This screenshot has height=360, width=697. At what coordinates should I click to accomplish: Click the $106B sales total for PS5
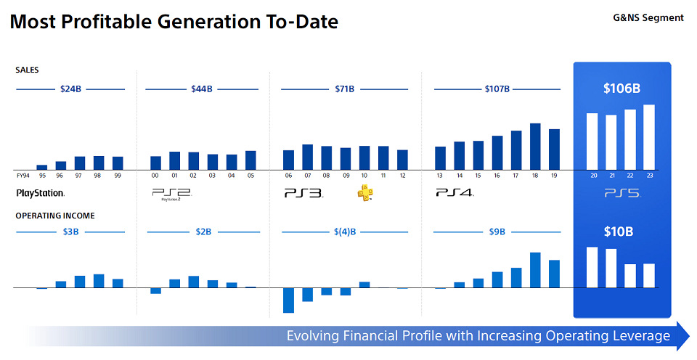click(621, 89)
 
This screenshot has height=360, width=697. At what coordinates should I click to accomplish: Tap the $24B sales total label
click(70, 89)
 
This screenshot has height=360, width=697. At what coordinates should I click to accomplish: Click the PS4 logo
click(455, 192)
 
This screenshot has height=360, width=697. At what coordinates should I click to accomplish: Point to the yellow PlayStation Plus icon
click(365, 192)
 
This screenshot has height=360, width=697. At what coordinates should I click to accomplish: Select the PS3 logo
click(303, 193)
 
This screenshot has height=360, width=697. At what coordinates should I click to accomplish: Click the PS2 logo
click(171, 194)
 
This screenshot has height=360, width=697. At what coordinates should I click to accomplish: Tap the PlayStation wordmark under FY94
click(40, 193)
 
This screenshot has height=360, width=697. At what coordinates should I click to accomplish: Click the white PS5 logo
click(622, 194)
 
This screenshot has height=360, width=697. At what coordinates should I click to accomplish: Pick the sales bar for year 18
click(535, 146)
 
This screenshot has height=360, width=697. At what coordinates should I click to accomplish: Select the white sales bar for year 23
click(648, 137)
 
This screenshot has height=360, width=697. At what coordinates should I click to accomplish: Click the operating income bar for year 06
click(288, 300)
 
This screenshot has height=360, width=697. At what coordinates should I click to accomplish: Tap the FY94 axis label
click(23, 176)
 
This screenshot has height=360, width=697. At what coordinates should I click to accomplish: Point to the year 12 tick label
click(402, 176)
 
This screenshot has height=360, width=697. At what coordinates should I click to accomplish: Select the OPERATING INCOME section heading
click(55, 216)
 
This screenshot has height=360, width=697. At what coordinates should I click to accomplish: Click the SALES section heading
click(27, 70)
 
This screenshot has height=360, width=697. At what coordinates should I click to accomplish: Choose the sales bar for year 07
click(307, 157)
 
